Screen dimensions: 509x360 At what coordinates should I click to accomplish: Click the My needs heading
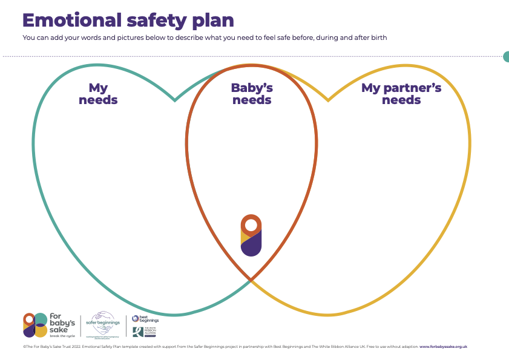tap(98, 94)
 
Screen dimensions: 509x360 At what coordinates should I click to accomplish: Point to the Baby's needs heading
tap(252, 94)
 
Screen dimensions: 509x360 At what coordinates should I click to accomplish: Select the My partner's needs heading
tap(401, 94)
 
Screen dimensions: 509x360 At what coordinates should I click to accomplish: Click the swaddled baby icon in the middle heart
tap(251, 235)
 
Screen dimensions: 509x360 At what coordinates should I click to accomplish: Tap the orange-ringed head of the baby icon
tap(251, 226)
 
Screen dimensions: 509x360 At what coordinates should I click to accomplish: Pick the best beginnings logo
tap(145, 318)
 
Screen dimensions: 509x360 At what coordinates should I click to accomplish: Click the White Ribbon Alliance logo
tap(145, 332)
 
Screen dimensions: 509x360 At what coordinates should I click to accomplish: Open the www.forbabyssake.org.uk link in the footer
tap(443, 347)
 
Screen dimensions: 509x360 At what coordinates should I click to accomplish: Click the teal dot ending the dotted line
tap(507, 57)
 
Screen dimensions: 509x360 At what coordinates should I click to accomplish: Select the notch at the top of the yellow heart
tap(329, 99)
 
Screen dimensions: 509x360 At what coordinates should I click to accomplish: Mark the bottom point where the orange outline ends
tap(251, 280)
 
